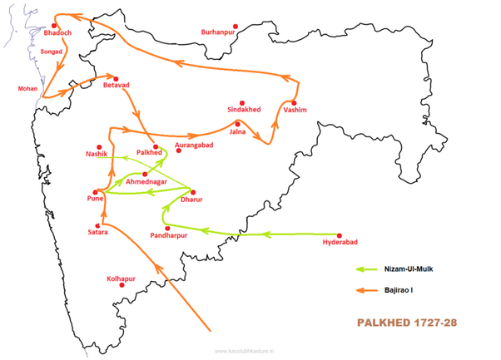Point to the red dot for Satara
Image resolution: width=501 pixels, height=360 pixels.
(x=98, y=225)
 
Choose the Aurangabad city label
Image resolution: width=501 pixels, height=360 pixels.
(x=195, y=145)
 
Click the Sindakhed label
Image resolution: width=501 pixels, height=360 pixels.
(x=244, y=109)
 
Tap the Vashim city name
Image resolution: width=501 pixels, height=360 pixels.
(x=295, y=109)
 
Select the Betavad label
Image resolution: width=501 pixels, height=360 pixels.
(x=117, y=84)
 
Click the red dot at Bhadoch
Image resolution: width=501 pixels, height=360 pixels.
(x=55, y=26)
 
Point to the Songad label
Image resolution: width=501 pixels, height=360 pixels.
(x=52, y=52)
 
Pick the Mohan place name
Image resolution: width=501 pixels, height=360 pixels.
(x=27, y=87)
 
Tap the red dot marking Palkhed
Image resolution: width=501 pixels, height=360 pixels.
(x=156, y=146)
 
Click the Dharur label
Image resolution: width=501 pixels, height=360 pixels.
(x=191, y=200)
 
